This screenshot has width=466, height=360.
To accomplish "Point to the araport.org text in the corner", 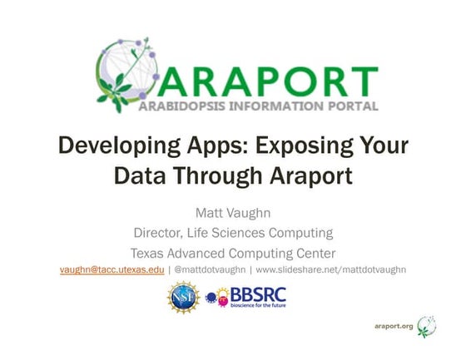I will click(x=393, y=327).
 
